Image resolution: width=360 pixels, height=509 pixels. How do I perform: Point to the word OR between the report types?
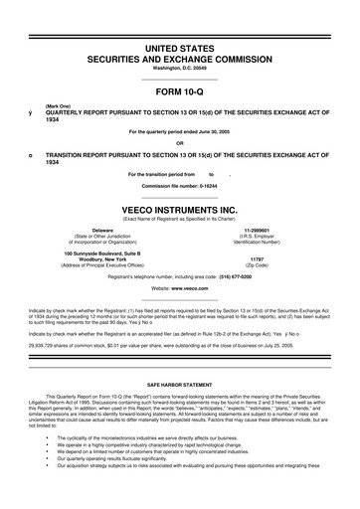pyautogui.click(x=180, y=140)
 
